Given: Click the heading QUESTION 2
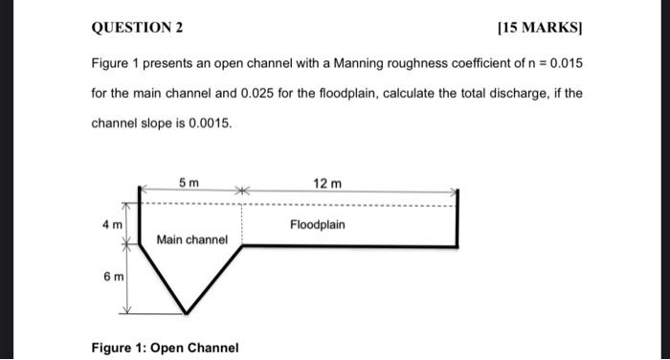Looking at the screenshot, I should [x=136, y=28].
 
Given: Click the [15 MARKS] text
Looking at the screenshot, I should [x=540, y=28].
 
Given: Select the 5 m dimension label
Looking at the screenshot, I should [x=189, y=183].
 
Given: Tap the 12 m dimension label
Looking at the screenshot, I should [x=327, y=183].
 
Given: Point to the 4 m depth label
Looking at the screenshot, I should [x=112, y=224].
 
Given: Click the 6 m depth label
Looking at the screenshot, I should [x=112, y=277].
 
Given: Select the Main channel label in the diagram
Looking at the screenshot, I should [x=192, y=239].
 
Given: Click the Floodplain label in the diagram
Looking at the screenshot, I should [x=317, y=224].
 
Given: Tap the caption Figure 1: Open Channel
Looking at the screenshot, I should [x=165, y=347].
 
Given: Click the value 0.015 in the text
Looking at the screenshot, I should [x=563, y=63].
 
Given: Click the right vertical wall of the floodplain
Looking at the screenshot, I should [x=457, y=218].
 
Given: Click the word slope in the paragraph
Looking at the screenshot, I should [x=155, y=124].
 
